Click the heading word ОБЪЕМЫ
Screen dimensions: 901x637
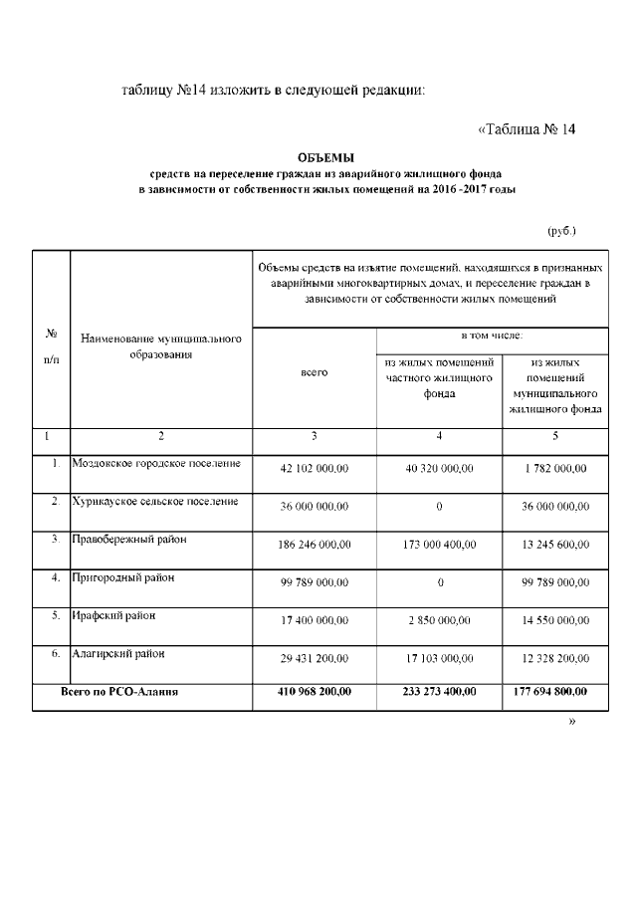click(x=326, y=157)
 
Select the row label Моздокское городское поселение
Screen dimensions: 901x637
click(x=156, y=463)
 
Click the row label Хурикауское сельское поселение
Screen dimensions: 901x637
click(x=156, y=501)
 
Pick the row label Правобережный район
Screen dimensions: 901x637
click(x=129, y=539)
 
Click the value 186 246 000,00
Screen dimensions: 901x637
click(x=314, y=545)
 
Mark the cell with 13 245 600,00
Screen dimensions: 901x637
click(x=555, y=545)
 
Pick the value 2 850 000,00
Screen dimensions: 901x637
click(x=439, y=620)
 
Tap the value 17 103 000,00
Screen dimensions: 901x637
click(x=439, y=659)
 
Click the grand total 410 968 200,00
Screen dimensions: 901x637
click(x=314, y=692)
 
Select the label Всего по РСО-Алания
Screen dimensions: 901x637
click(x=119, y=692)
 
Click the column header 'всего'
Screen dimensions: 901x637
click(x=314, y=372)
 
